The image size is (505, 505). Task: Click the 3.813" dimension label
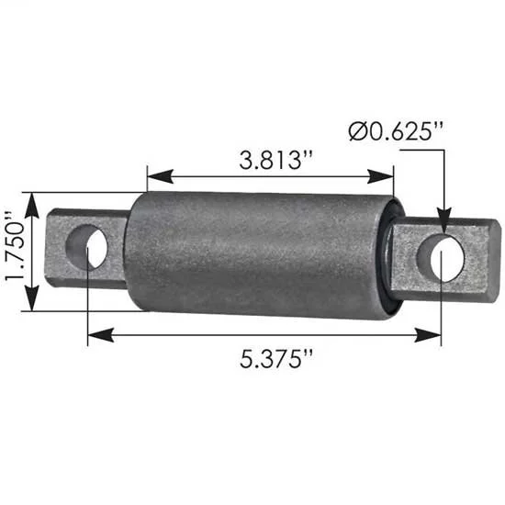tap(275, 160)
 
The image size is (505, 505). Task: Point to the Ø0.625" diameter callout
tap(396, 131)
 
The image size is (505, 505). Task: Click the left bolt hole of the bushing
tap(86, 247)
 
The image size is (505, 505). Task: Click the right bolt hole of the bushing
tap(441, 257)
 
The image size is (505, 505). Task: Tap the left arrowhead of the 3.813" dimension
tap(160, 176)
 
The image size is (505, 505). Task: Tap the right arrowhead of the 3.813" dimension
tap(380, 176)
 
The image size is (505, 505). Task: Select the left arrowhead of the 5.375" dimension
tap(100, 335)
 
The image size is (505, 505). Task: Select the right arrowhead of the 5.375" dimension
tap(428, 335)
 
